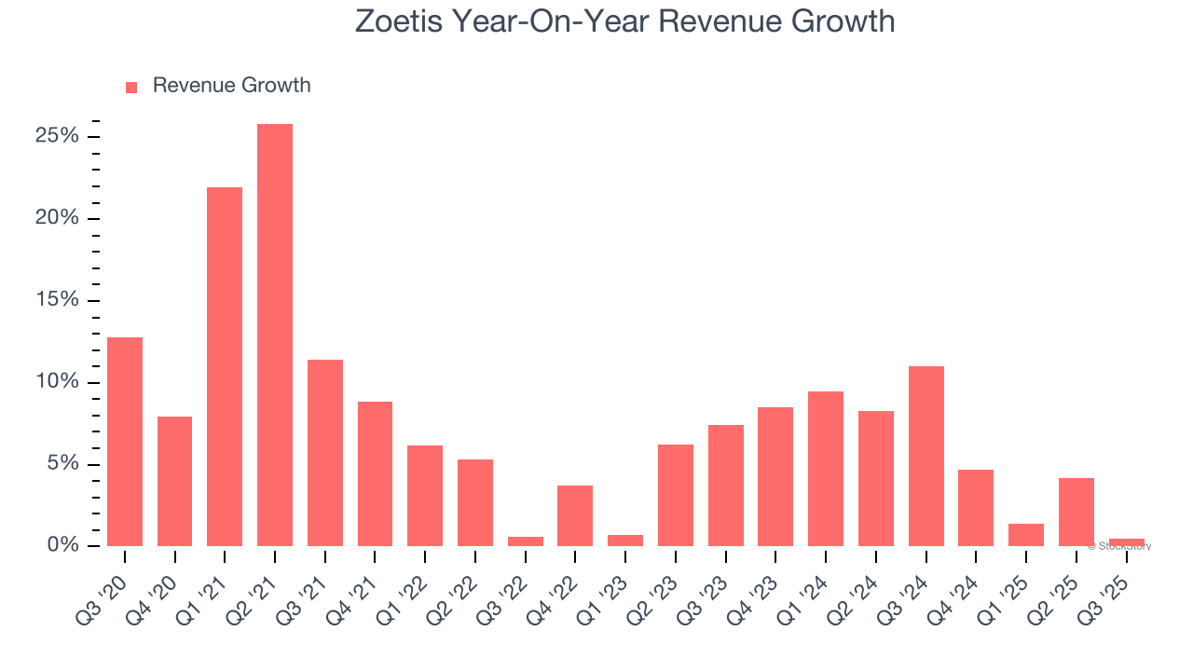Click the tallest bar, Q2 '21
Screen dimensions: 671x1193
click(275, 335)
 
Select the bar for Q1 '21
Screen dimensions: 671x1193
click(225, 367)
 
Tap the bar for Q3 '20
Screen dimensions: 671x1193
click(125, 442)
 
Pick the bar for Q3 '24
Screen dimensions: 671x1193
click(926, 456)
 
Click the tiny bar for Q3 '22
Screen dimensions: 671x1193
click(526, 541)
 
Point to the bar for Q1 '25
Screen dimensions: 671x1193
click(1026, 535)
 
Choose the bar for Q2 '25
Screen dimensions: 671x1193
click(1076, 512)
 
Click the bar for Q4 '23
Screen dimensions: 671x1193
click(775, 476)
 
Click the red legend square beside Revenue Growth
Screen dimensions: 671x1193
click(131, 87)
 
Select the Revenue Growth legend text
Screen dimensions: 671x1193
click(231, 86)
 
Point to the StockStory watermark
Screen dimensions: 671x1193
click(1119, 546)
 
